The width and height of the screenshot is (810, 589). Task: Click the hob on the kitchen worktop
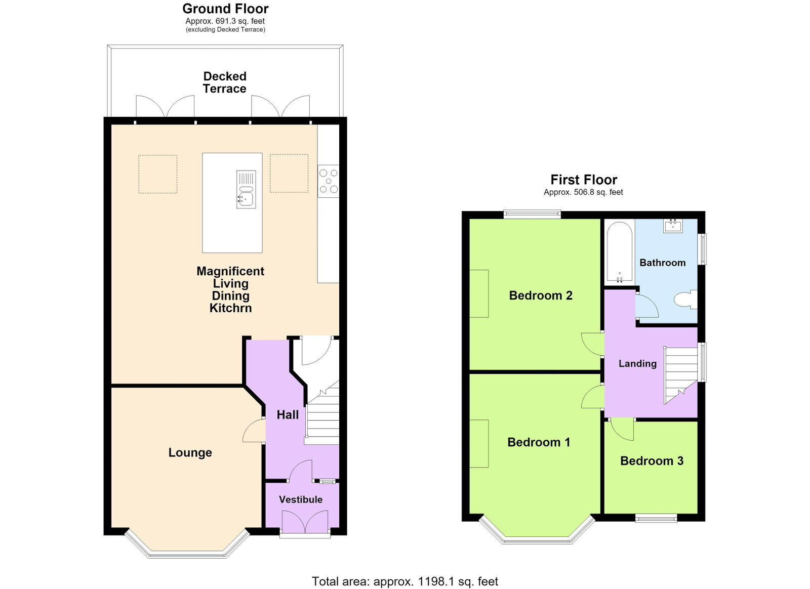click(x=329, y=181)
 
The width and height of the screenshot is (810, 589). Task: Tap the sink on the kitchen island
click(x=246, y=189)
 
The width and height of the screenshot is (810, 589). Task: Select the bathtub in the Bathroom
click(x=620, y=252)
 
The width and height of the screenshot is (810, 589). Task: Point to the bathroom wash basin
click(x=673, y=226)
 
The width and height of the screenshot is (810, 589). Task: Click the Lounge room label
click(x=190, y=453)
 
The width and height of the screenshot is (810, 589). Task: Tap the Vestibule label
click(x=301, y=499)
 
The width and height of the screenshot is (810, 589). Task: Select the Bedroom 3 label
click(x=652, y=460)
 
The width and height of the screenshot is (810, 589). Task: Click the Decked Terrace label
click(x=225, y=82)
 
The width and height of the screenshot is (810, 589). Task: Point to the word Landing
click(x=637, y=363)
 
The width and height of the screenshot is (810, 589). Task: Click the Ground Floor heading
click(x=225, y=8)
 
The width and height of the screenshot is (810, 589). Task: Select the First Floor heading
click(x=584, y=180)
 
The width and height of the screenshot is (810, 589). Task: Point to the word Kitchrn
click(x=231, y=308)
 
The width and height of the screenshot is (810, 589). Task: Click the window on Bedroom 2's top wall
click(x=532, y=215)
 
